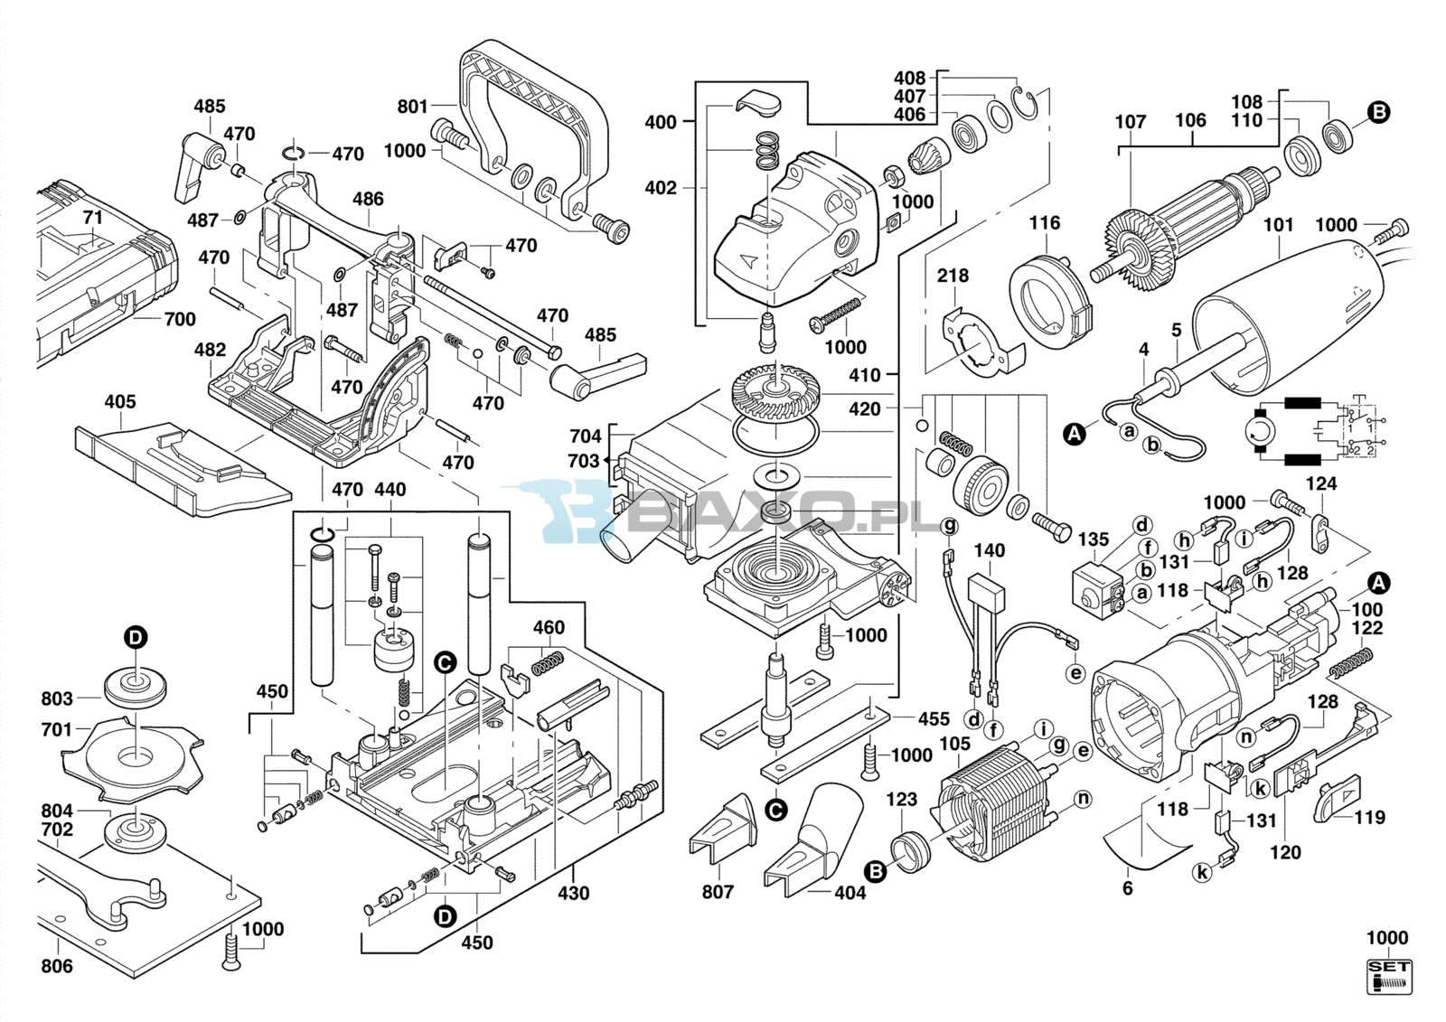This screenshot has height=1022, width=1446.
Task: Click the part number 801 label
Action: click(x=412, y=107)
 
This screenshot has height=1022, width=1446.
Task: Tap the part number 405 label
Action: click(x=119, y=401)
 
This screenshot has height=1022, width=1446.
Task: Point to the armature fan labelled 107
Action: click(x=1126, y=237)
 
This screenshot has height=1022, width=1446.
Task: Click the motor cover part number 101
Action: click(x=1278, y=224)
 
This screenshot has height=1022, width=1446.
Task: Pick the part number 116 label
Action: click(x=1044, y=222)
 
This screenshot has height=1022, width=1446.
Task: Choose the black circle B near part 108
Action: click(x=1378, y=112)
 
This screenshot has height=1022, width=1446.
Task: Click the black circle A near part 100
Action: click(x=1378, y=583)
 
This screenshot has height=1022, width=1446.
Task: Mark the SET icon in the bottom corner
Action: click(x=1389, y=977)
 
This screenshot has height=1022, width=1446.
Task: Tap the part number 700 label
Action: click(x=179, y=319)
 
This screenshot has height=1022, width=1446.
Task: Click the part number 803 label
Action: click(x=57, y=699)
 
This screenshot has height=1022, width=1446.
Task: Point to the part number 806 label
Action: click(x=57, y=966)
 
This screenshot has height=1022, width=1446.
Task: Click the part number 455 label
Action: click(x=934, y=718)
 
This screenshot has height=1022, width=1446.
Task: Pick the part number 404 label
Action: click(x=850, y=892)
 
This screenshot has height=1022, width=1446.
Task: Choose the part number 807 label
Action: click(x=718, y=892)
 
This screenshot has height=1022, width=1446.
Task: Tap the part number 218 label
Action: click(x=953, y=275)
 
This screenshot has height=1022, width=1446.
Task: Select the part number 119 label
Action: click(x=1369, y=817)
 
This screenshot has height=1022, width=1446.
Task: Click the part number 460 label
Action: click(x=549, y=627)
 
